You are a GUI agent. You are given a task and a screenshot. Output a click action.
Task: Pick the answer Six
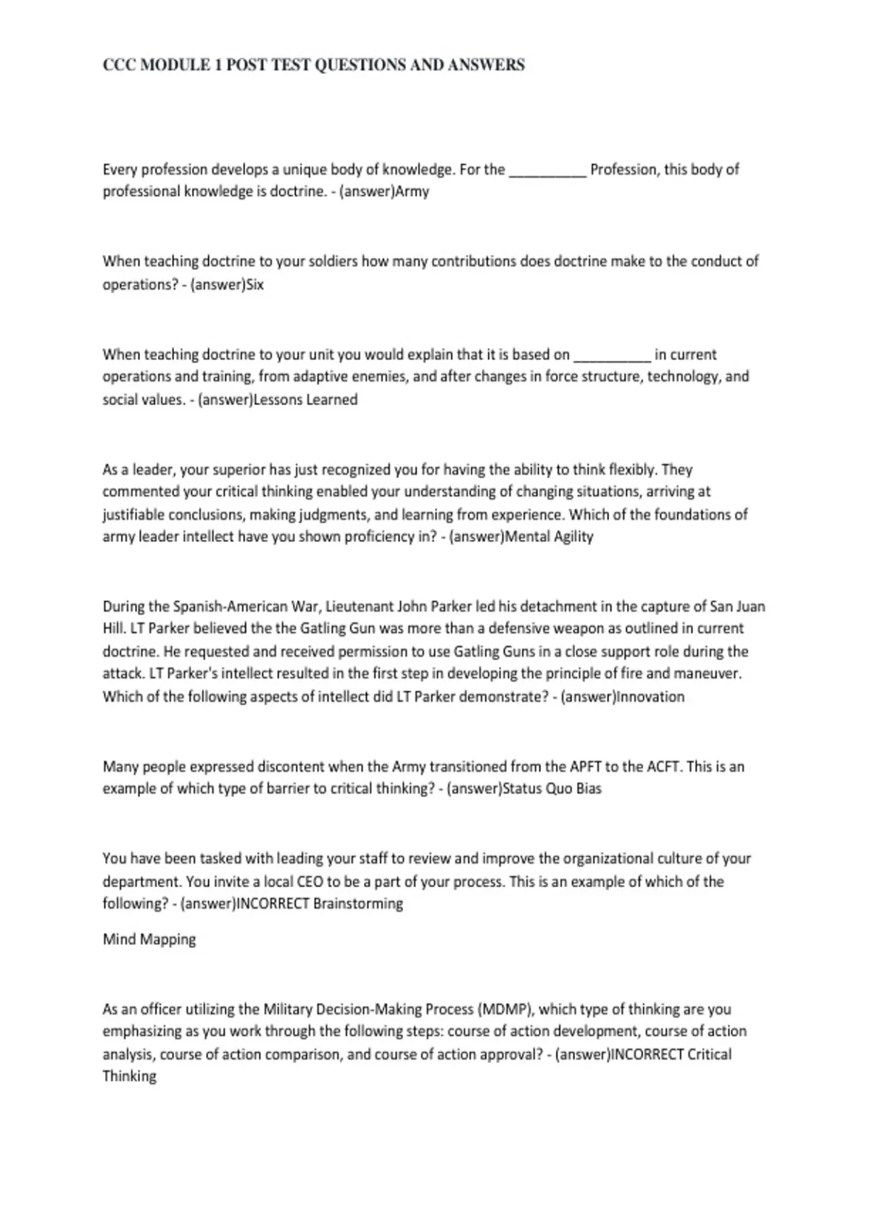pyautogui.click(x=255, y=284)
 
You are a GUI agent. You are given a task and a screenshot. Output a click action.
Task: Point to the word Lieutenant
pyautogui.click(x=360, y=607)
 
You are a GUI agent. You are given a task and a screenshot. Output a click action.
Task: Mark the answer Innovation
pyautogui.click(x=650, y=696)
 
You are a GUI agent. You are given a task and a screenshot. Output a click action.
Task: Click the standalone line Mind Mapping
pyautogui.click(x=149, y=939)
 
